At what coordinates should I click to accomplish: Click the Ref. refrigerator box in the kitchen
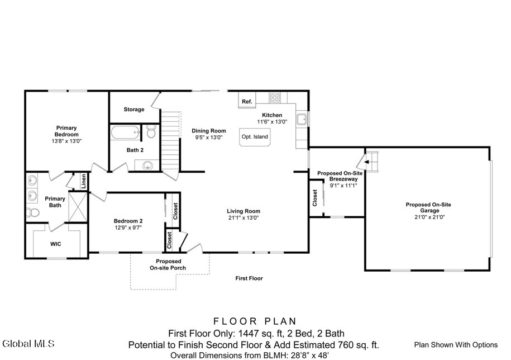click(x=247, y=100)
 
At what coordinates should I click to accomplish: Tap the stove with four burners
click(x=275, y=97)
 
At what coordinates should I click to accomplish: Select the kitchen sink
click(x=302, y=120)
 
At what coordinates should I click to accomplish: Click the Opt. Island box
click(x=255, y=137)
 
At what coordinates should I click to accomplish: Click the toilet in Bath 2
click(x=151, y=131)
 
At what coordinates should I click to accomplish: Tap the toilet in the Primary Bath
click(x=32, y=212)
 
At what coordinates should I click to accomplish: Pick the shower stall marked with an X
click(x=78, y=207)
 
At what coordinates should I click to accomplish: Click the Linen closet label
click(x=84, y=181)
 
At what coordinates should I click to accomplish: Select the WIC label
click(x=55, y=244)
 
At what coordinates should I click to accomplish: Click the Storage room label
click(x=134, y=110)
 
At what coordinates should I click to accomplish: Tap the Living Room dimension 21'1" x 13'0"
click(x=243, y=218)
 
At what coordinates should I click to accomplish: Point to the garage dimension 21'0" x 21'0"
click(x=429, y=217)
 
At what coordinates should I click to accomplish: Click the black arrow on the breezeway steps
click(x=366, y=162)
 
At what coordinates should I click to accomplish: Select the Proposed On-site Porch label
click(x=168, y=265)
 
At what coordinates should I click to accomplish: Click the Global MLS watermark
click(x=28, y=343)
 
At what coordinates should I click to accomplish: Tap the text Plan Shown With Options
click(x=456, y=345)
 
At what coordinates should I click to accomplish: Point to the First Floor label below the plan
click(x=249, y=278)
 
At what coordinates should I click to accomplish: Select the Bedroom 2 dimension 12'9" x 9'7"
click(x=128, y=228)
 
